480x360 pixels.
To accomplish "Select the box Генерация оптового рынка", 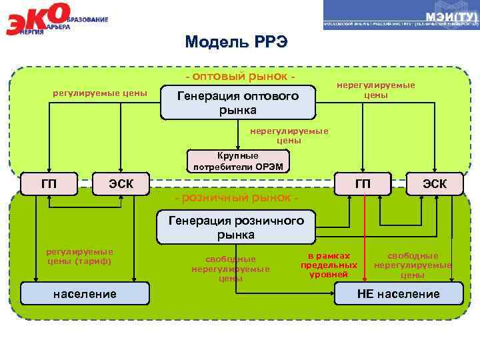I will [x=237, y=103].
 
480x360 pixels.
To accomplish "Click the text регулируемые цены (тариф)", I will [x=79, y=257].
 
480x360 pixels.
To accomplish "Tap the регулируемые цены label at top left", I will [x=100, y=92].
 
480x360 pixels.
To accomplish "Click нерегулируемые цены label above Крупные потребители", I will [x=289, y=136].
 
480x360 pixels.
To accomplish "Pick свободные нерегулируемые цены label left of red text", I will [x=230, y=269].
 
